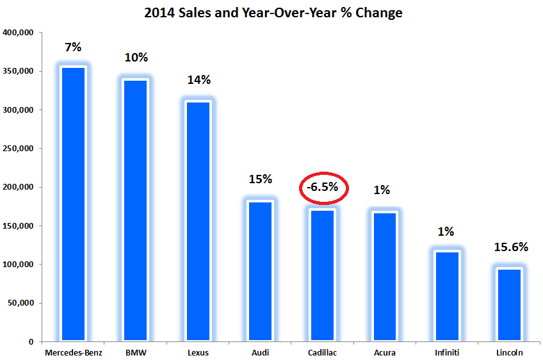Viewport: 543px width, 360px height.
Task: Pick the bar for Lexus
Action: tap(197, 221)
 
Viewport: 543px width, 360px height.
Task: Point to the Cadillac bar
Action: tap(323, 275)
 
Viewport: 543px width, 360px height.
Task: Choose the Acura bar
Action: tap(385, 276)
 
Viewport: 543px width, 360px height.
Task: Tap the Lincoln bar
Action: tap(510, 304)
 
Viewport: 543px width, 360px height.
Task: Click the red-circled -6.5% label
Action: tap(323, 188)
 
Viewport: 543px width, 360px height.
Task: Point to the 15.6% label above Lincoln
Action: tap(510, 247)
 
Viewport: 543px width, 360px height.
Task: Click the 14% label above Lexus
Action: tap(198, 80)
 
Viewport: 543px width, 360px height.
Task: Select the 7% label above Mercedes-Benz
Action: tap(72, 47)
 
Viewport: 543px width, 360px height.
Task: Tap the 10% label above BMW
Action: tap(135, 58)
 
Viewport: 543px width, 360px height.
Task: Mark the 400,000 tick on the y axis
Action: tap(20, 33)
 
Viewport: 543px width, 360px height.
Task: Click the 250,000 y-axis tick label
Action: tap(20, 149)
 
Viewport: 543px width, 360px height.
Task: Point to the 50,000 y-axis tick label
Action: tap(22, 303)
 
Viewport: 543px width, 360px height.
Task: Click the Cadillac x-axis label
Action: tap(323, 352)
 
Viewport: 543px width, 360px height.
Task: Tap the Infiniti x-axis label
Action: tap(447, 352)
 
